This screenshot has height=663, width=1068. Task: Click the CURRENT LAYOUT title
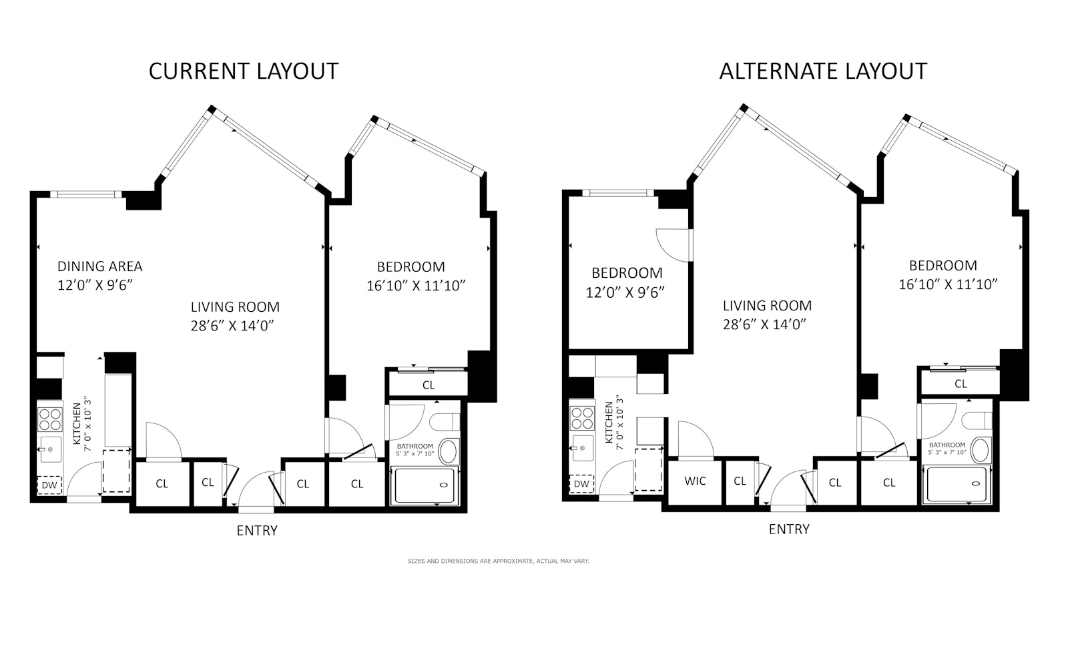[243, 71]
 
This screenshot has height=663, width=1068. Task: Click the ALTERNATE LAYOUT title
[822, 71]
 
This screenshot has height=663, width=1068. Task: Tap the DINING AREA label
[99, 266]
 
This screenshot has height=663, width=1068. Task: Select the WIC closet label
[695, 481]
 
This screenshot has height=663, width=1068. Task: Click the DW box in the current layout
[49, 485]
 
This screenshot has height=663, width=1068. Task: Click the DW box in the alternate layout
[581, 483]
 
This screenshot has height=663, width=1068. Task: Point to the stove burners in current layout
[50, 419]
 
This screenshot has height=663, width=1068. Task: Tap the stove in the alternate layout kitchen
[582, 418]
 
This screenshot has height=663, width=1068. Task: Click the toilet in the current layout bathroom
[445, 422]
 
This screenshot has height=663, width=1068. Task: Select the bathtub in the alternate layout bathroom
[956, 485]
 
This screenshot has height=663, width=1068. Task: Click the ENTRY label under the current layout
[257, 530]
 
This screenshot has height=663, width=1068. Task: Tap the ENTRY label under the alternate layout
[789, 529]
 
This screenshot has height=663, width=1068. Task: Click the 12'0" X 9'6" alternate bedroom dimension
[625, 292]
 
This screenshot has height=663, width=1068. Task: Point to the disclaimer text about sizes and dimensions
[498, 561]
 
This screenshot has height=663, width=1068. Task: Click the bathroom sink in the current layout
[448, 451]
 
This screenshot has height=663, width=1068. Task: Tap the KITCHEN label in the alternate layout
[609, 423]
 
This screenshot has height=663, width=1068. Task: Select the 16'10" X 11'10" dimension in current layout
[415, 286]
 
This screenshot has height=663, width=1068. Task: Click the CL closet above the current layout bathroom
[429, 385]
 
